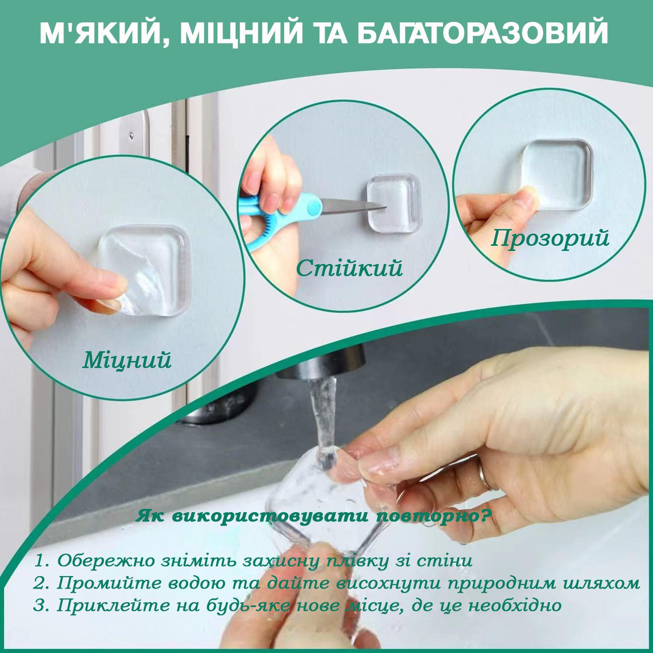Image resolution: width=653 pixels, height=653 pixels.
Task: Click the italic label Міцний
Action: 127,360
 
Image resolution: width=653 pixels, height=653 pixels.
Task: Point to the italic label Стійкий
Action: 349,268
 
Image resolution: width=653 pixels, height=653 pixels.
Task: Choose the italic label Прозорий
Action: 550,238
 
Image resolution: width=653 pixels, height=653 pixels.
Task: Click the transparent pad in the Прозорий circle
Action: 557,174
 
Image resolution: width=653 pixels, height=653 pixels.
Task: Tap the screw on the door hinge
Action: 131,136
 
